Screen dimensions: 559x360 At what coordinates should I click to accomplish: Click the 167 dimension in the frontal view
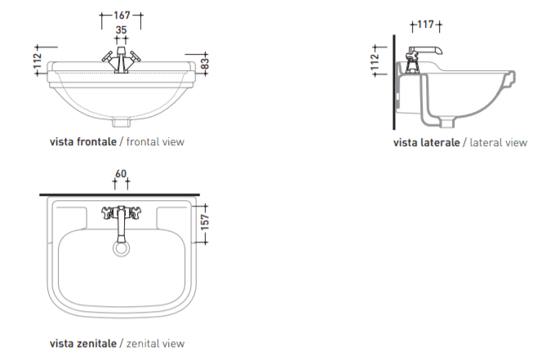pyautogui.click(x=122, y=16)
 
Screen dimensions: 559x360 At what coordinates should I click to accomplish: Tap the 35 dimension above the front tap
pyautogui.click(x=122, y=30)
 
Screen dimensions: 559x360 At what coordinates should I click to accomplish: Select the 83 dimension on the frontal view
pyautogui.click(x=205, y=64)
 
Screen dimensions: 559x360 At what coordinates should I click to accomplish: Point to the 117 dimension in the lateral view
pyautogui.click(x=426, y=24)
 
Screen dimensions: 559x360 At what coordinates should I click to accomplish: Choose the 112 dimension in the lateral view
pyautogui.click(x=375, y=61)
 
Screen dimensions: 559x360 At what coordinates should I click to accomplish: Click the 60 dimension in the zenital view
pyautogui.click(x=121, y=174)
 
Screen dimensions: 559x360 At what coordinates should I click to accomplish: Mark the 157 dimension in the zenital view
pyautogui.click(x=205, y=222)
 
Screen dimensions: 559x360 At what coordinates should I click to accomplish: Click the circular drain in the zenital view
pyautogui.click(x=122, y=248)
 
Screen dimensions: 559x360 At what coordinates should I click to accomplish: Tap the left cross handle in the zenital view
pyautogui.click(x=107, y=212)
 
